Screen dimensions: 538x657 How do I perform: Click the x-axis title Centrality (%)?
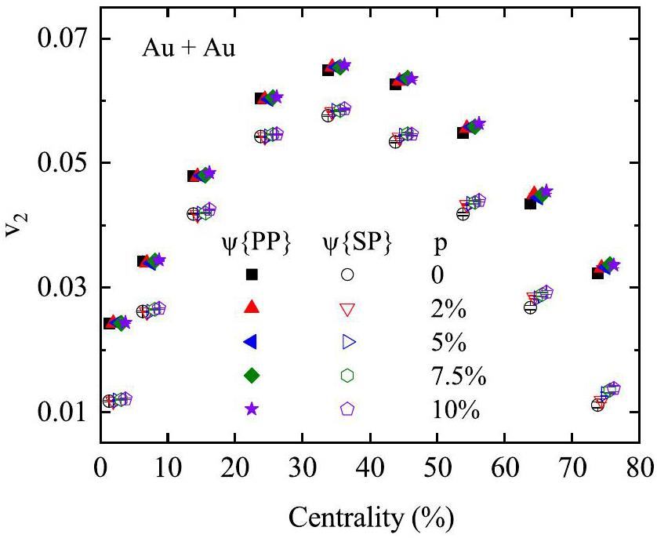tap(371, 518)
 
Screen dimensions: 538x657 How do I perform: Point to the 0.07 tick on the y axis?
tap(64, 38)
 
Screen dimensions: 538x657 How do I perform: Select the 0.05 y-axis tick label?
tap(64, 163)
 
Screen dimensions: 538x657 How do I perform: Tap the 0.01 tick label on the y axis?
tap(64, 412)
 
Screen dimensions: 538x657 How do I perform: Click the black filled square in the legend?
tap(252, 274)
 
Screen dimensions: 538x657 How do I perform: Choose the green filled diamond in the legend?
tap(252, 375)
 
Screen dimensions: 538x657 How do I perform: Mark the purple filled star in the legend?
tap(252, 409)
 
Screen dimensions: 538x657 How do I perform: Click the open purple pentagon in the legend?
tap(347, 409)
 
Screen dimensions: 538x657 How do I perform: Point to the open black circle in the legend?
tap(347, 274)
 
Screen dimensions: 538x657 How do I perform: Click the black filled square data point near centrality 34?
tap(328, 69)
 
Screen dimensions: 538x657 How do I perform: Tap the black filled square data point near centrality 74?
tap(597, 273)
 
